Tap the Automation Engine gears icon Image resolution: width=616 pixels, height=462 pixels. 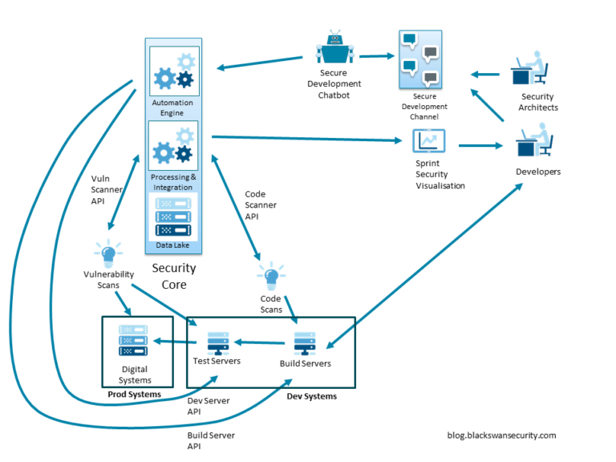(173, 71)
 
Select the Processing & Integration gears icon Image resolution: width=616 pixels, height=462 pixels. (173, 145)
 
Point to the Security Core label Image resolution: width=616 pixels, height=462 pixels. (173, 276)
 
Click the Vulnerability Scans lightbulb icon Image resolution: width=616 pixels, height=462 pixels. (107, 253)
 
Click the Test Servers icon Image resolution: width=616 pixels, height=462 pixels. (217, 342)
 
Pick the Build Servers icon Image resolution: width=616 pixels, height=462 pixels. (305, 343)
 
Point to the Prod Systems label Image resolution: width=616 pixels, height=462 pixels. (134, 395)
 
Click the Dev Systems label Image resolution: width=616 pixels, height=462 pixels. (311, 396)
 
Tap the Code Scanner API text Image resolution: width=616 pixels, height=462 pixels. (261, 205)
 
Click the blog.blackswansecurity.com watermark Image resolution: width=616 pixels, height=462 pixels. (501, 435)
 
